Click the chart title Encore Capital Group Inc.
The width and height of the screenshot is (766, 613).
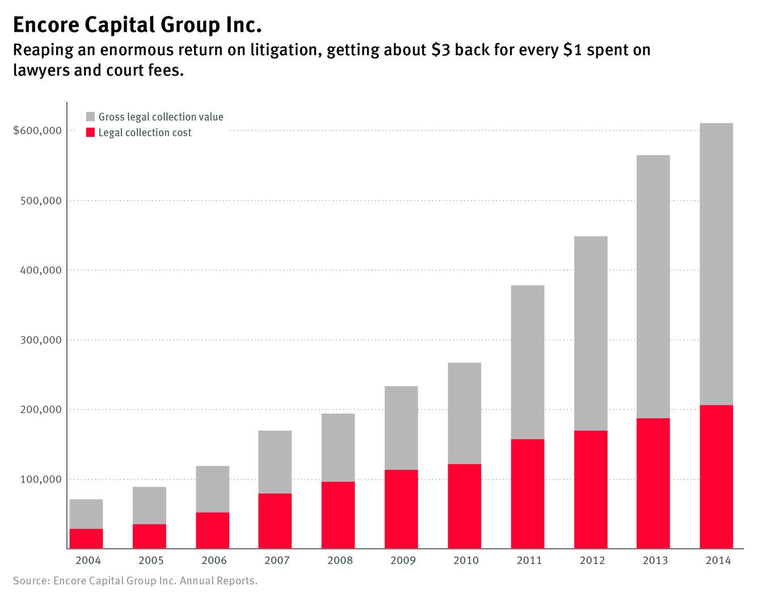point(137,26)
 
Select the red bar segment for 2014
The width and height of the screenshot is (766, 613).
point(716,477)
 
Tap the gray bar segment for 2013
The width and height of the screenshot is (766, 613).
point(653,287)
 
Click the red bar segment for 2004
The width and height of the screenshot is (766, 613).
point(86,539)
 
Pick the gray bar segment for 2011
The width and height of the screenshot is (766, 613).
point(527,362)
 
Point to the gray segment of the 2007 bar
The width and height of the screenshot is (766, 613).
point(275,462)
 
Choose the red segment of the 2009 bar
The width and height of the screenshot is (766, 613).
point(401,509)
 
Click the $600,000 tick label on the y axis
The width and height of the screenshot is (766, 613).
point(37,131)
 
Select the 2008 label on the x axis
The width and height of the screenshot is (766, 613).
point(340,561)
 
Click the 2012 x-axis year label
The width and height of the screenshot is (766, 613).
point(592,561)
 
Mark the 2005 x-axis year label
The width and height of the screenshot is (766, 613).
point(151,561)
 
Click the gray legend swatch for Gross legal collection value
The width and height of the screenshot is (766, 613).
point(90,117)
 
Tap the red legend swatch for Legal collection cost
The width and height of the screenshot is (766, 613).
point(90,133)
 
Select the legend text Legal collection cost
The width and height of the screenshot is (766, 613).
point(145,133)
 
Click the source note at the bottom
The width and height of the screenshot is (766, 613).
point(135,581)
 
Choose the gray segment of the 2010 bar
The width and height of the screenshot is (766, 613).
point(464,413)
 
